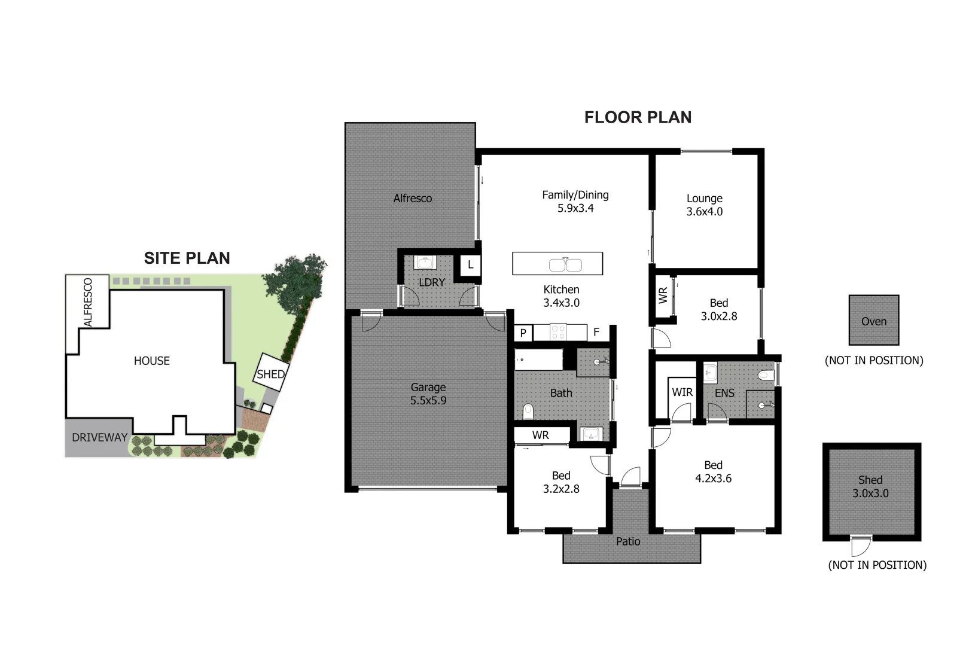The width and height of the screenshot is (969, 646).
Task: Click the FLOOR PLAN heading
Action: point(638,117)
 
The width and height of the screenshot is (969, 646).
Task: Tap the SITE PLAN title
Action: point(187,258)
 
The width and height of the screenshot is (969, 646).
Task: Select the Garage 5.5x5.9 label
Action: point(428,394)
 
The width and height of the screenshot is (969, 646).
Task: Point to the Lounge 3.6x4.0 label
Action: point(704,205)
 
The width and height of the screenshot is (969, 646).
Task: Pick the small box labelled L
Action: point(471,264)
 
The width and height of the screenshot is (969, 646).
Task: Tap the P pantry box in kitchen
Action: point(523,333)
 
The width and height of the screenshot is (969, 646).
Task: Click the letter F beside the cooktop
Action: point(596,332)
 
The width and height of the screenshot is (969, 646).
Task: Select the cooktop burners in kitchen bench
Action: point(558,332)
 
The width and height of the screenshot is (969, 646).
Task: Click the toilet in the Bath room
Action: point(528,412)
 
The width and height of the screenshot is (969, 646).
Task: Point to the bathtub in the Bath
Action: point(539,360)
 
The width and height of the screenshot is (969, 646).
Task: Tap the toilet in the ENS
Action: point(766,376)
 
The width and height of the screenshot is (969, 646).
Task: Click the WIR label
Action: point(682,392)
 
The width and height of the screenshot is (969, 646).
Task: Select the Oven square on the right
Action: point(873,321)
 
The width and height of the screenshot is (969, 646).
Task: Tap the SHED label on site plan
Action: point(270,374)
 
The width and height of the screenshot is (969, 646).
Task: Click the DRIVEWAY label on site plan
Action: point(99,437)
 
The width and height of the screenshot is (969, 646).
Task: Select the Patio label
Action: point(628,541)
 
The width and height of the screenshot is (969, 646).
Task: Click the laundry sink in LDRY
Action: point(426,263)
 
